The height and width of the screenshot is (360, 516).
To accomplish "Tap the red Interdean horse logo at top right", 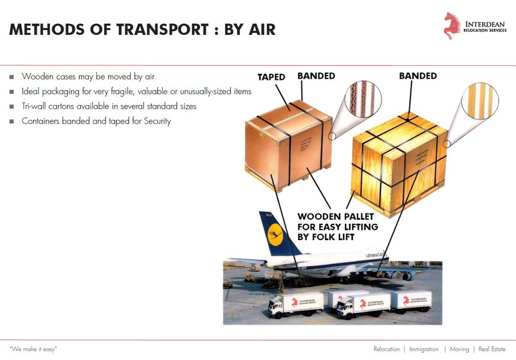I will pyautogui.click(x=452, y=25).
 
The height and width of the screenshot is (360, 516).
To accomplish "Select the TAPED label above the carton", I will pyautogui.click(x=271, y=77).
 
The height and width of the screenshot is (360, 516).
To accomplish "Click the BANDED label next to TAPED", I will pyautogui.click(x=316, y=76).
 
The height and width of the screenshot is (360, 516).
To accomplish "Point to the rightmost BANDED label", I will pyautogui.click(x=418, y=76).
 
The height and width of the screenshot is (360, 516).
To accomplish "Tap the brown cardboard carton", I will pyautogui.click(x=288, y=142).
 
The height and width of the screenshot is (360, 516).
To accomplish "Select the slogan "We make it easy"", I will pyautogui.click(x=34, y=349).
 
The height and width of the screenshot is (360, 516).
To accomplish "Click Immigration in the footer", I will pyautogui.click(x=424, y=349).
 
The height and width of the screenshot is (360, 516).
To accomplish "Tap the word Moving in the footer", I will pyautogui.click(x=459, y=349).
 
